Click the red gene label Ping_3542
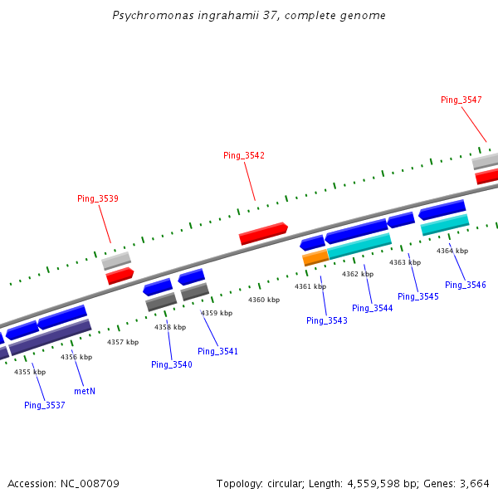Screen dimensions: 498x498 (244, 155)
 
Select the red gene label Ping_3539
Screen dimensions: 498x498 (98, 198)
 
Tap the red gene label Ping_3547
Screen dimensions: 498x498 (461, 100)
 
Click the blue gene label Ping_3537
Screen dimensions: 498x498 (44, 405)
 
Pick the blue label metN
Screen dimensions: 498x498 (85, 390)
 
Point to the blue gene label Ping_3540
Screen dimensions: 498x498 (171, 364)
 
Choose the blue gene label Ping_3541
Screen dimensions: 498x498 (217, 351)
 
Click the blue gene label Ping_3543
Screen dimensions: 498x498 (327, 320)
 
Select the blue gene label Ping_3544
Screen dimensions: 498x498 (372, 308)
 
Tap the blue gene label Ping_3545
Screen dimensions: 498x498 (418, 296)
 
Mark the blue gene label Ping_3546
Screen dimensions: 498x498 (465, 285)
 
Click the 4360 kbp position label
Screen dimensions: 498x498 (264, 300)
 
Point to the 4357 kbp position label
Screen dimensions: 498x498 (122, 342)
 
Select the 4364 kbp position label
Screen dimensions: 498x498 (452, 251)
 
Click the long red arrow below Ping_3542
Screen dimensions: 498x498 (263, 233)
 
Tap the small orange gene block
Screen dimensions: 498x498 (315, 258)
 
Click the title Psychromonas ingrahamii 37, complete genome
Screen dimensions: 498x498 (249, 16)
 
